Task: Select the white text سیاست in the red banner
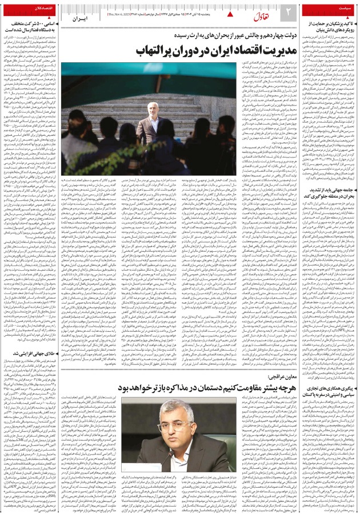(334, 10)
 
